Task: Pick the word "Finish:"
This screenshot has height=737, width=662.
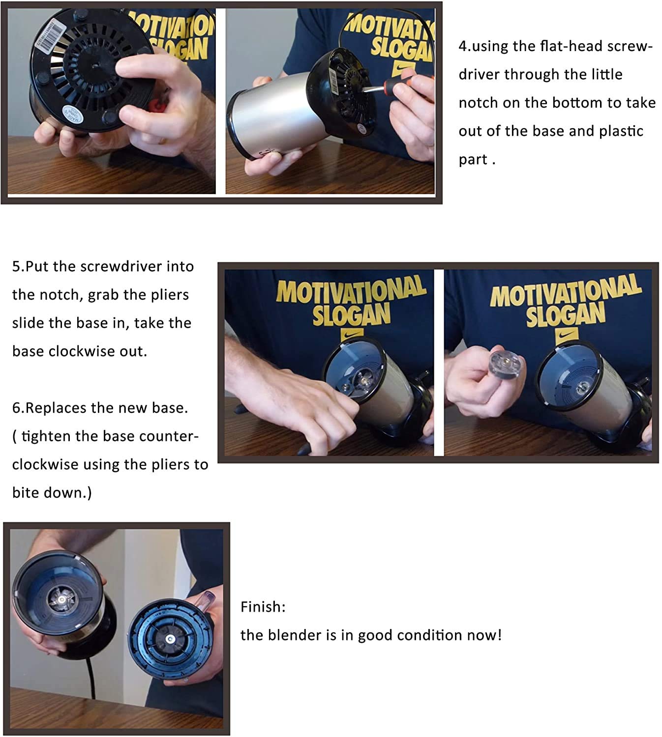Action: [x=263, y=607]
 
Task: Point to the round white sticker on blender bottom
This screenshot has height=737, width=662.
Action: [x=73, y=114]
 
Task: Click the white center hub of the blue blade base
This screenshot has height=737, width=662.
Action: [x=169, y=639]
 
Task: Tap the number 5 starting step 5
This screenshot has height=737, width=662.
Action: [x=16, y=267]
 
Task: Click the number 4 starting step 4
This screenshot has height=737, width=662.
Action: [x=463, y=46]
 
